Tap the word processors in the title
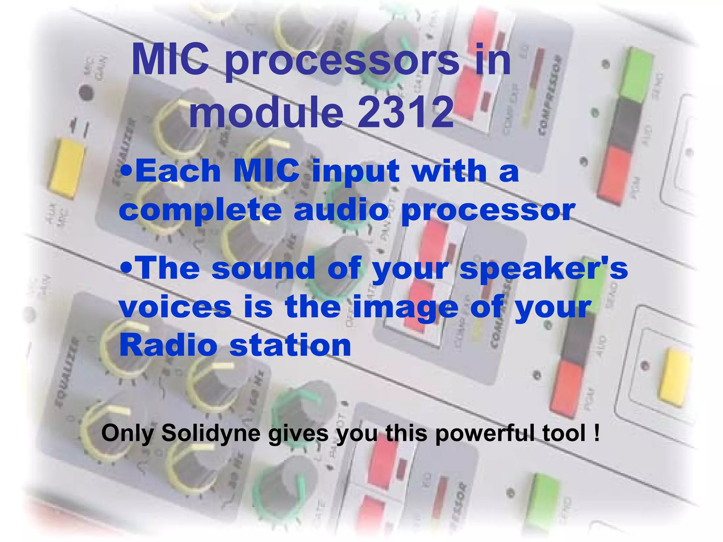[x=342, y=61]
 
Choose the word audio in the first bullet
[x=341, y=210]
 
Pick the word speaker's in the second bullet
[x=544, y=268]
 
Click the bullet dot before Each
[x=126, y=171]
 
